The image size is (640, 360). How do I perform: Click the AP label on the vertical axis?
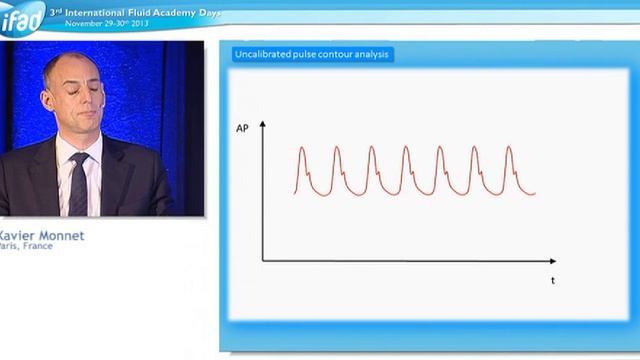(x=243, y=129)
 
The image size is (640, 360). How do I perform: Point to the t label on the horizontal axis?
(x=552, y=281)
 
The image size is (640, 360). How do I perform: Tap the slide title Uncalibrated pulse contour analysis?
(x=312, y=54)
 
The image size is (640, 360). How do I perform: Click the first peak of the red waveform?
(x=302, y=149)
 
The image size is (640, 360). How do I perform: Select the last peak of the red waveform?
(x=509, y=149)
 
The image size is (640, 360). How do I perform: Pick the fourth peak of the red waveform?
(x=406, y=149)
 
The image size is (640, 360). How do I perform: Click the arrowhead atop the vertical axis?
(x=263, y=124)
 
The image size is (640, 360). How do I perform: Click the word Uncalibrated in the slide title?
(x=265, y=54)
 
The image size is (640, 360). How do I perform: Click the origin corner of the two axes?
(x=263, y=261)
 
